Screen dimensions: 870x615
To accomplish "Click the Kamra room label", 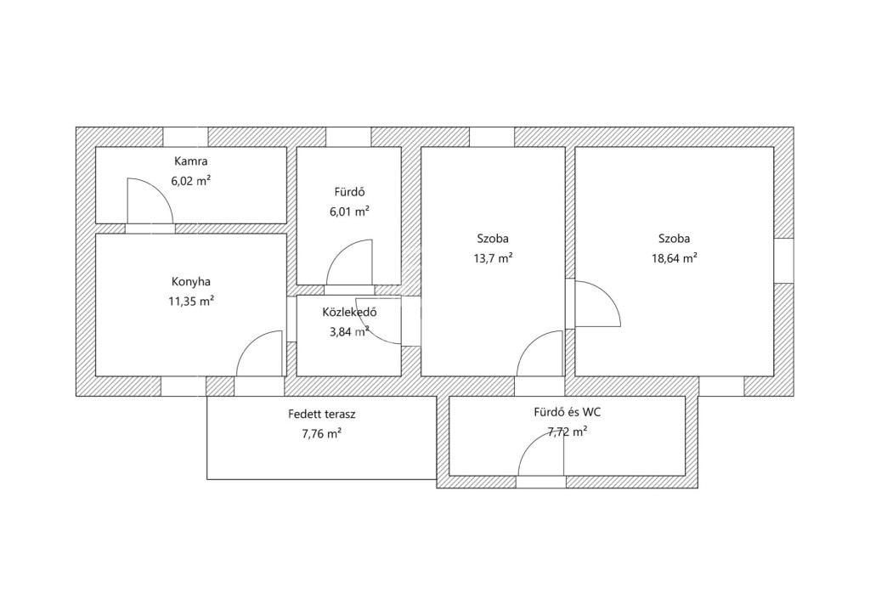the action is (191, 161).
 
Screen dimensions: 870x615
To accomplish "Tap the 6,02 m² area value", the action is (191, 181).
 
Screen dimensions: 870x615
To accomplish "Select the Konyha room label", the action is (191, 282).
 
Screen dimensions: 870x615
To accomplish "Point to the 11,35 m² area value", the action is (191, 301).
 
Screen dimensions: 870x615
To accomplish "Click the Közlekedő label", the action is (349, 313).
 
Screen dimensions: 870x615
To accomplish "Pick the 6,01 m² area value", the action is (349, 212).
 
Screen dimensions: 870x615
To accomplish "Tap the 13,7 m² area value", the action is (493, 258).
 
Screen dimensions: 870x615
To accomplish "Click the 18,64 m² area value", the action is (674, 258).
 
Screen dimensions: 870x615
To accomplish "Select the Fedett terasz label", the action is (322, 414).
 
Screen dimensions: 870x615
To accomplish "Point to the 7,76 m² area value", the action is (322, 434).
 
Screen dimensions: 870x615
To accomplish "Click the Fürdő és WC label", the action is (567, 413).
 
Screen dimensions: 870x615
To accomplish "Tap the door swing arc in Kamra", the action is (159, 191).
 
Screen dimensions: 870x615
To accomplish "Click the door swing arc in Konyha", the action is (251, 344).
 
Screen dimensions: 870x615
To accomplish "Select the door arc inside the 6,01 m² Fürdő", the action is (340, 252).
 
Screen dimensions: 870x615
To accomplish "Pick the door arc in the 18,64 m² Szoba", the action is (607, 294).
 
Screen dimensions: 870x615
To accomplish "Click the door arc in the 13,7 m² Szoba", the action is (531, 344).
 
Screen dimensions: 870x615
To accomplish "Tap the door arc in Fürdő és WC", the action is (532, 444).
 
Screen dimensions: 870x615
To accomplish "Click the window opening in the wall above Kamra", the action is (185, 137).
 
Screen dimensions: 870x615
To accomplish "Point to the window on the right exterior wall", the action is (783, 261).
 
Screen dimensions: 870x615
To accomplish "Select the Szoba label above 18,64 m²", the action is (674, 239).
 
